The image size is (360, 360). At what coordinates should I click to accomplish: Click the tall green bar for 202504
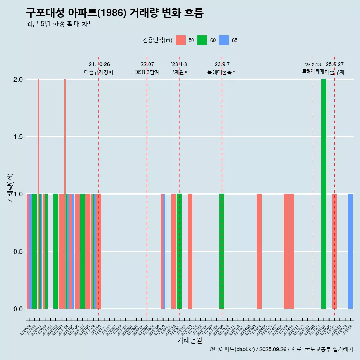coord(324,194)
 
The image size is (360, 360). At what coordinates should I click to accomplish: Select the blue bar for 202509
coord(350,251)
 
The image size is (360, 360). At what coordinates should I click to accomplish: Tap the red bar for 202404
coord(259,251)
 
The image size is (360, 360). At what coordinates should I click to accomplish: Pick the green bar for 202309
coord(222,251)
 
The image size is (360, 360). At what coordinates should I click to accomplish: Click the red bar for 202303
coord(190,251)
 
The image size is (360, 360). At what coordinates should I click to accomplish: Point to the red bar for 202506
coord(334,251)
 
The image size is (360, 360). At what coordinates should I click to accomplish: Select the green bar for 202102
coord(55,251)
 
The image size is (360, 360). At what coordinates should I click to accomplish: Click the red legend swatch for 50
coord(180,40)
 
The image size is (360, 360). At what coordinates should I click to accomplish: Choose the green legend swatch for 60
coord(202,40)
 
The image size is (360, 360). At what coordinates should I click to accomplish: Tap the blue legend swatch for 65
coord(224,40)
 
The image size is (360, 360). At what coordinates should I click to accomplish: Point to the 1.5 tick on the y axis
coord(18,137)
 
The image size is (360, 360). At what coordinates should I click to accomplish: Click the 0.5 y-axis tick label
coord(18,252)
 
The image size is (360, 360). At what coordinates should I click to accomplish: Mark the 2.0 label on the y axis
coord(18,79)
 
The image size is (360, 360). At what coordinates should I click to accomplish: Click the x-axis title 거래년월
coord(189,340)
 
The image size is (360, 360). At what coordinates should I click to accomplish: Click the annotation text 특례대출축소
coord(222,72)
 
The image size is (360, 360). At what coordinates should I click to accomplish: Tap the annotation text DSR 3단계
coord(147,72)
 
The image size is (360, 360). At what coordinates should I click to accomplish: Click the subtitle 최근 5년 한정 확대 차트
coord(60,24)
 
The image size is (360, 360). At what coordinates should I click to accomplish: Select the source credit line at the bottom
coord(281,349)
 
